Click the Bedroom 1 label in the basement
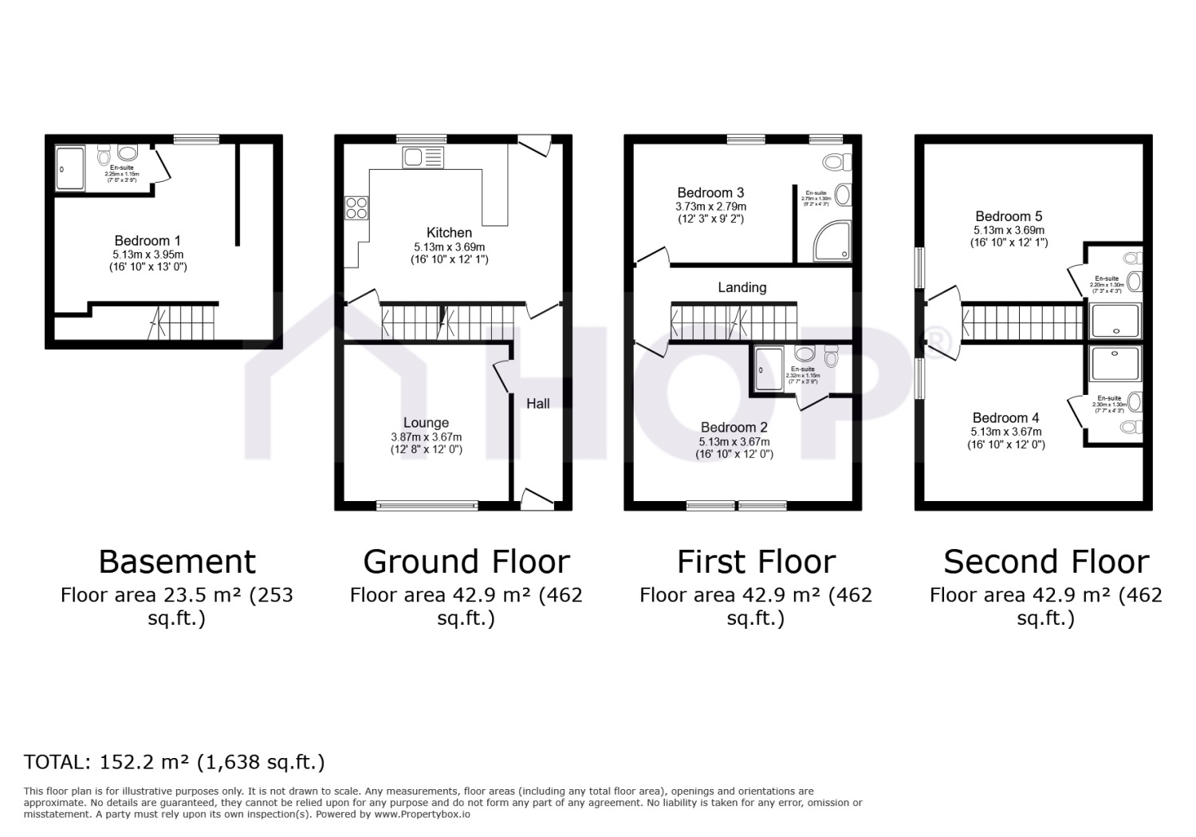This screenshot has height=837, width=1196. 148,240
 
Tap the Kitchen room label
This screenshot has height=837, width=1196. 449,232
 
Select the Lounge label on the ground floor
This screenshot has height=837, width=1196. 426,423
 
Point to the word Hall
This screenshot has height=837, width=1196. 537,404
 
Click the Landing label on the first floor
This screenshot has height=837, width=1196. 742,287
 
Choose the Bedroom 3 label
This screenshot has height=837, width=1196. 710,192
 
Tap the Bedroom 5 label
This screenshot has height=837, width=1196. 1009,216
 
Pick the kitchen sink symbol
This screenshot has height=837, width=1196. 423,157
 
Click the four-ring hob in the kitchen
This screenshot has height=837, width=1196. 356,207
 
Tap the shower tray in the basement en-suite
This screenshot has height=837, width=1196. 70,168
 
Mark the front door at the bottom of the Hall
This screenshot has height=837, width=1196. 537,500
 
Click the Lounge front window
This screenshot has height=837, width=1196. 427,505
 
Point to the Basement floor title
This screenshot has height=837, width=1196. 177,562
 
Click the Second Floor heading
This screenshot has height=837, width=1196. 1045,562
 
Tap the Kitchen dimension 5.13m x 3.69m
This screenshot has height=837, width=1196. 449,247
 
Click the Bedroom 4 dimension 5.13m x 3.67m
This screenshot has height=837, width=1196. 1005,432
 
